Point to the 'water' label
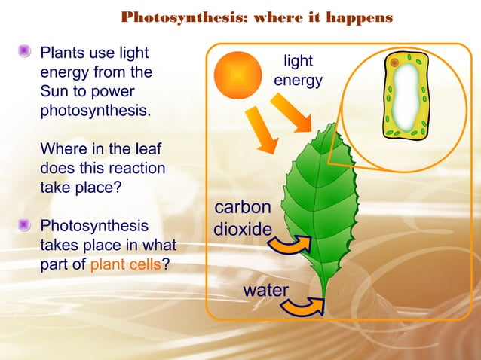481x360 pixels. point(265,290)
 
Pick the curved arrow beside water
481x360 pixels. point(305,305)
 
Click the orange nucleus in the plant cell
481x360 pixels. point(394,63)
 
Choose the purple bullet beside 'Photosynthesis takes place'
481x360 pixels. point(26,225)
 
